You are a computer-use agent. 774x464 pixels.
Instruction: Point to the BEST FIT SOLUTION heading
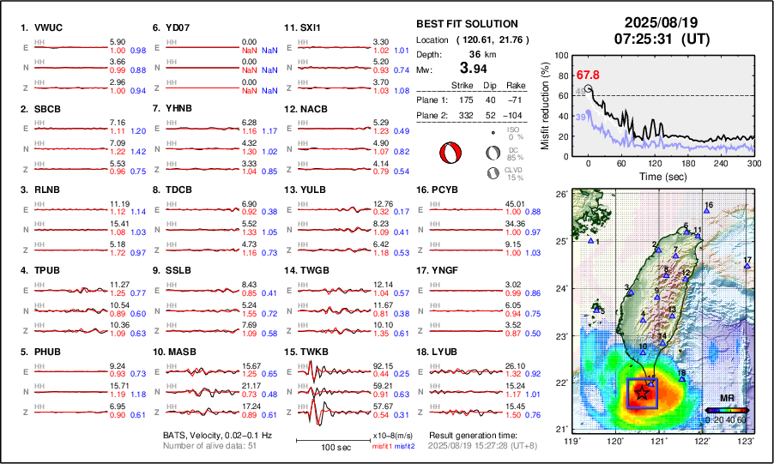click(x=467, y=24)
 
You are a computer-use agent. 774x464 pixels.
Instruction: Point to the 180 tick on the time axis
click(x=688, y=163)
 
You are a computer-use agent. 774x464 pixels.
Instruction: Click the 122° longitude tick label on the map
click(x=703, y=440)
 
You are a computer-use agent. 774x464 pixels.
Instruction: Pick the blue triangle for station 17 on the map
click(x=747, y=266)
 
